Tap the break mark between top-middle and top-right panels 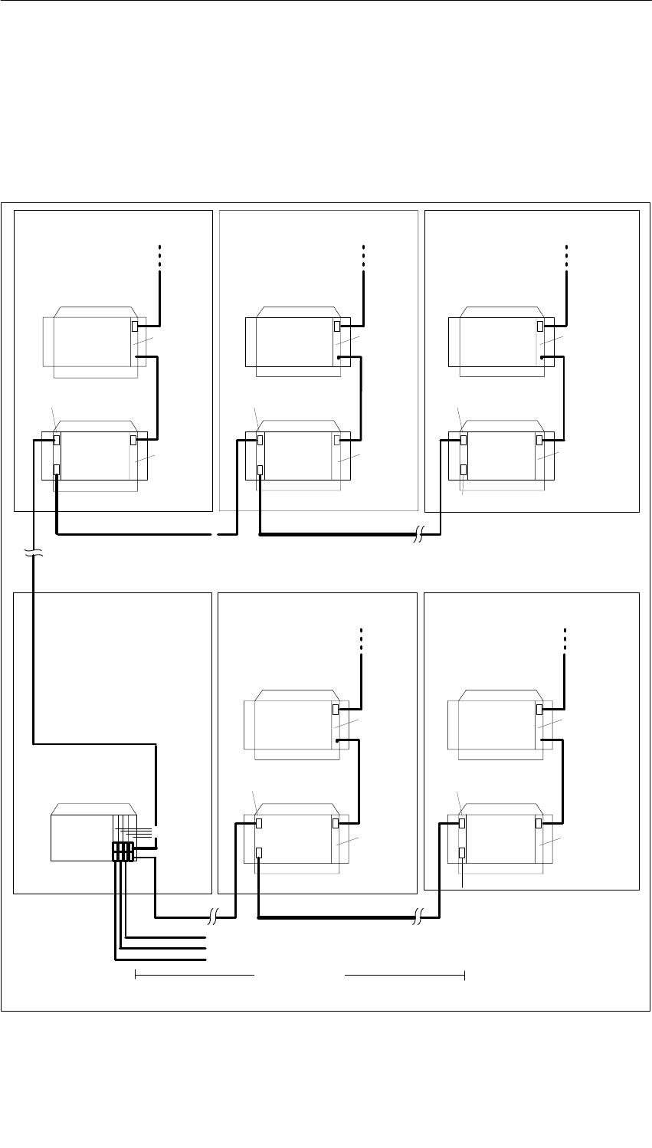418,535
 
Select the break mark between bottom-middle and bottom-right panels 418,917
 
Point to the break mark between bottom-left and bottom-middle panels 214,917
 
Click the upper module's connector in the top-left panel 136,326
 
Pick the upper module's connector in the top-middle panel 338,326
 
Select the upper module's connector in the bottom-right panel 539,710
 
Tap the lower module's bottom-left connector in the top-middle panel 260,470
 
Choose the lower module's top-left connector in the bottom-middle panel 260,823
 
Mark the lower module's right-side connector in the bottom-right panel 539,823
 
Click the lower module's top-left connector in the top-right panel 463,440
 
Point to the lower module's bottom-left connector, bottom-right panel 463,853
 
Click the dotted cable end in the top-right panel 566,256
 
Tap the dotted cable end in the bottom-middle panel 362,639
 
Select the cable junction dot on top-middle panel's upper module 338,358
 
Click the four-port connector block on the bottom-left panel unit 123,852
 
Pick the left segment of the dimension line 194,975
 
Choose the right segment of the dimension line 405,975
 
